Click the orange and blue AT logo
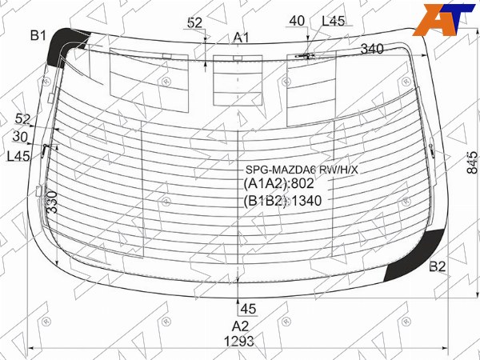[x=447, y=19]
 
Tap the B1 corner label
[x=38, y=36]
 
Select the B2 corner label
[x=437, y=266]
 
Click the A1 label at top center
[x=242, y=38]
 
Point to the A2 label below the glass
[x=240, y=326]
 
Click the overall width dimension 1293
[x=239, y=342]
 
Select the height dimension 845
[x=472, y=163]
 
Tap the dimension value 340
[x=372, y=49]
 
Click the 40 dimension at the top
[x=297, y=21]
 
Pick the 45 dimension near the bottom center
[x=248, y=309]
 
